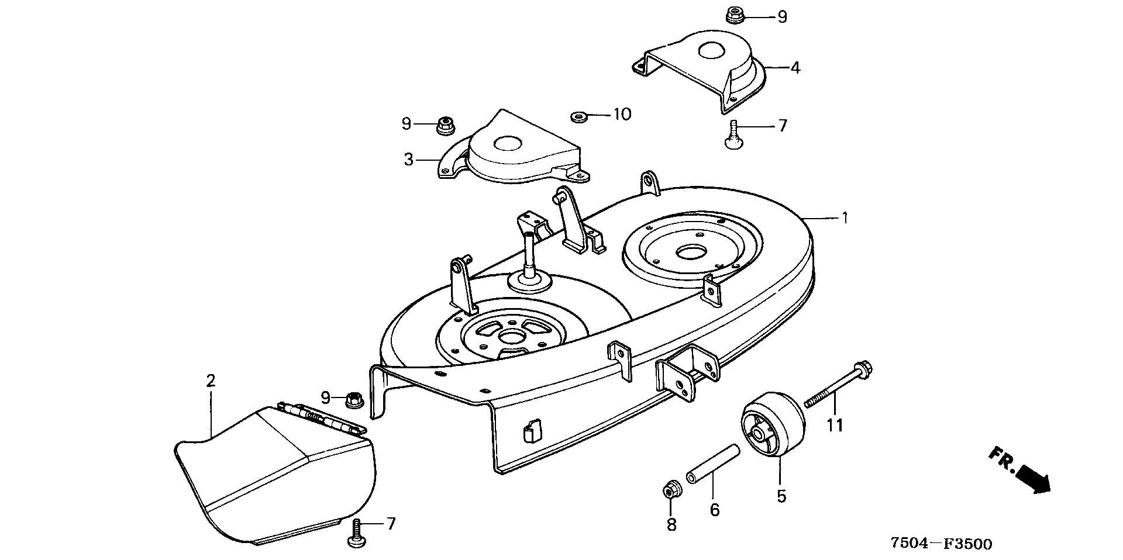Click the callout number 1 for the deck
(x=844, y=218)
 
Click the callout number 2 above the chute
(x=211, y=381)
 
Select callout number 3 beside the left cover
(x=409, y=159)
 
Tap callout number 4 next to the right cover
(x=795, y=68)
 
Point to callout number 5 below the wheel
(x=781, y=496)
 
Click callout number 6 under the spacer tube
(x=715, y=510)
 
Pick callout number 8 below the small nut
(x=671, y=525)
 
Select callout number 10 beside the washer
(x=622, y=114)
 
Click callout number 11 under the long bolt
(x=835, y=425)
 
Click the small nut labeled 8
(x=670, y=489)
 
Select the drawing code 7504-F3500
(x=941, y=544)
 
